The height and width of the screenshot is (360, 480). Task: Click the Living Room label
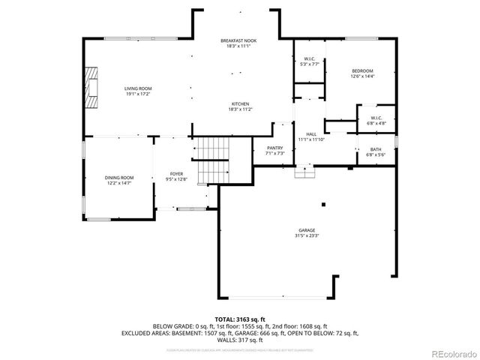coord(138,89)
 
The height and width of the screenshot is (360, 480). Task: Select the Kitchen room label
coord(240,103)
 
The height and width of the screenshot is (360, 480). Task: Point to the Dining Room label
coord(119,178)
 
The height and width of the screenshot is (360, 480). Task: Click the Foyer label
coord(177,173)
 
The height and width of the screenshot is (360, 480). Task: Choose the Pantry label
coord(274,148)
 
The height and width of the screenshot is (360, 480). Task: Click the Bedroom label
coord(363,71)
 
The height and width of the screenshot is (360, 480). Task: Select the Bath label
coord(375,149)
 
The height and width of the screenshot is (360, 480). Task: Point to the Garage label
coord(307,230)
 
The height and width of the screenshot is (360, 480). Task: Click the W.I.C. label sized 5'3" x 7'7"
coord(308,59)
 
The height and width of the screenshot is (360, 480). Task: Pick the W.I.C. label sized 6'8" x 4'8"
coord(376,118)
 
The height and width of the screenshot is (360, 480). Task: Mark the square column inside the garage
coord(323,203)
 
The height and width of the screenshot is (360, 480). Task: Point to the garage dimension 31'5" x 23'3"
coord(307,235)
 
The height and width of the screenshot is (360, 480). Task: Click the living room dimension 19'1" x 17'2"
coord(138,94)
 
